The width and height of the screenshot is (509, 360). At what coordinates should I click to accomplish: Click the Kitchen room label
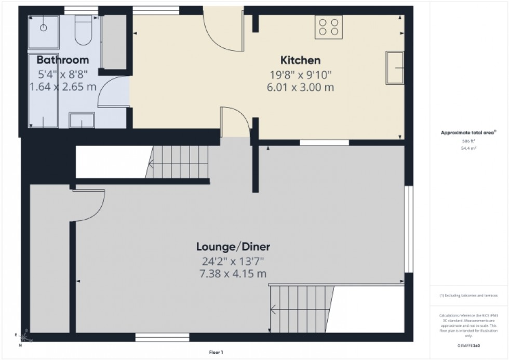[x=300, y=60]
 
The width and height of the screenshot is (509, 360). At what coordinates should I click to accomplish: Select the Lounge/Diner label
[x=232, y=246]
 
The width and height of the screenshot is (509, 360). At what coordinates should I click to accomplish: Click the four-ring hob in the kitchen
[x=328, y=27]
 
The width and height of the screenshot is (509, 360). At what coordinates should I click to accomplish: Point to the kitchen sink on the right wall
[x=395, y=68]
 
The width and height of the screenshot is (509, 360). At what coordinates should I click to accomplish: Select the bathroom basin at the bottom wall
[x=82, y=121]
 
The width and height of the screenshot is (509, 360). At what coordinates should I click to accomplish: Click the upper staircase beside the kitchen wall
[x=178, y=162]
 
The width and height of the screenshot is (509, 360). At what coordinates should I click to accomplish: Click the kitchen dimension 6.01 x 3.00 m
[x=300, y=87]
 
